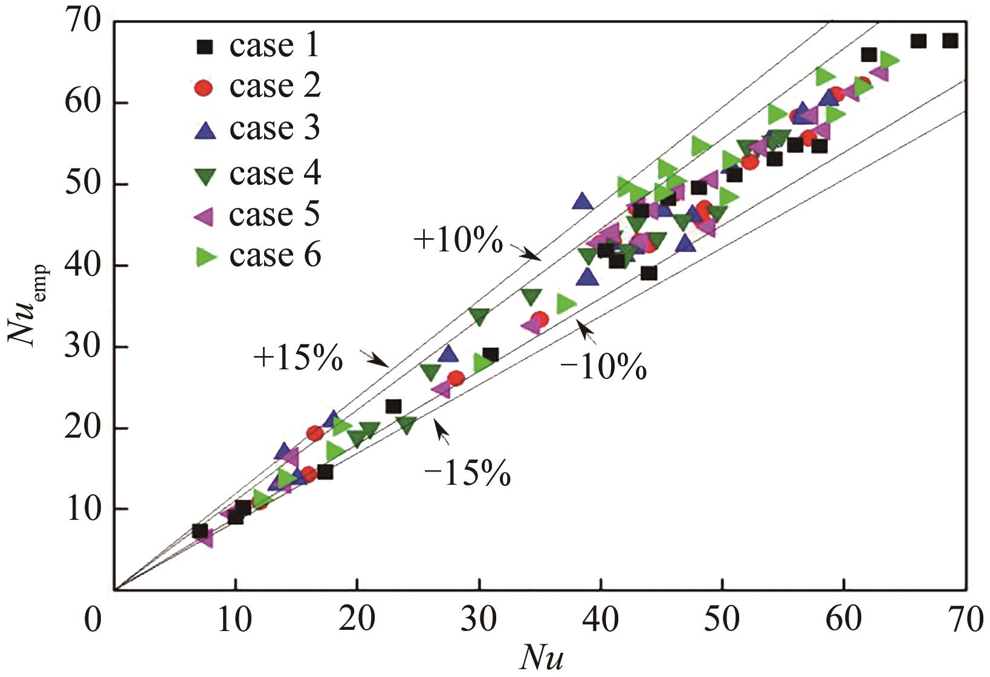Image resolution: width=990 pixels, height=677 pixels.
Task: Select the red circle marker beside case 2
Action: [x=205, y=88]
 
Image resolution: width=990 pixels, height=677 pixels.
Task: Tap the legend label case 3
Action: [x=274, y=128]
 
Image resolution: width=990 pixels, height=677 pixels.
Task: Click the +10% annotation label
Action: [x=458, y=241]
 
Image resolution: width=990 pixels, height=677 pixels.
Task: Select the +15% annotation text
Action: [x=298, y=358]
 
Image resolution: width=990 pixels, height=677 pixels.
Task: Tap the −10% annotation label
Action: [x=603, y=368]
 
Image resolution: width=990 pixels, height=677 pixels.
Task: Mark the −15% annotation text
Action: [x=467, y=474]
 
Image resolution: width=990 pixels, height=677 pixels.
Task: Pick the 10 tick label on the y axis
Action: [x=84, y=509]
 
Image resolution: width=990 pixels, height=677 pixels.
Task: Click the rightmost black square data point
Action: [x=950, y=40]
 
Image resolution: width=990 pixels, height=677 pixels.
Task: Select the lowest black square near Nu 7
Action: [x=199, y=531]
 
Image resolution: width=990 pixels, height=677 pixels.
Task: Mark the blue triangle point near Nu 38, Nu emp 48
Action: [x=583, y=201]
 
